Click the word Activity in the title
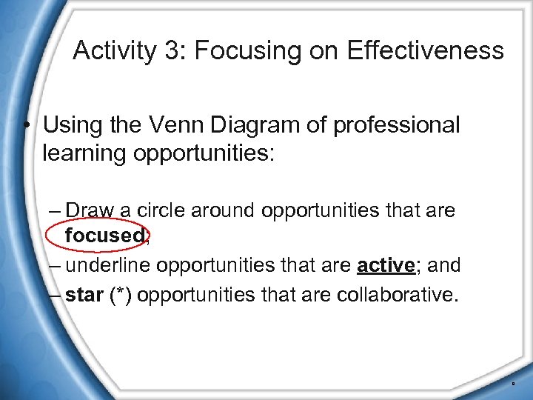click(114, 51)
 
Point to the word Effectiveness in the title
click(426, 51)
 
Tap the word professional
click(397, 125)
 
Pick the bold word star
click(84, 295)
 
